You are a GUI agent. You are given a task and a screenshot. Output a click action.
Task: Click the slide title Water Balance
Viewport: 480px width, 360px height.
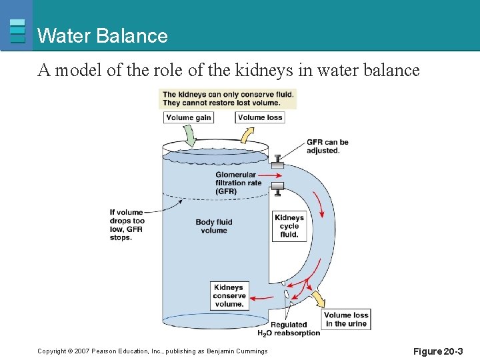[103, 35]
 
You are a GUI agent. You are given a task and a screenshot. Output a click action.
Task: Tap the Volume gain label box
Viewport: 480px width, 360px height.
[189, 118]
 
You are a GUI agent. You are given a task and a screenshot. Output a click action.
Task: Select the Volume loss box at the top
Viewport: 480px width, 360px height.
[260, 118]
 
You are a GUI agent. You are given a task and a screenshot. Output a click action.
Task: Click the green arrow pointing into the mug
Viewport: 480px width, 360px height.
[189, 137]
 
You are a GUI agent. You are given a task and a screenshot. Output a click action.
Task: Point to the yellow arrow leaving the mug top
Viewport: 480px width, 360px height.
[246, 135]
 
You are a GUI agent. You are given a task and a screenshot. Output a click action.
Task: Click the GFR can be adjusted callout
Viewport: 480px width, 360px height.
[327, 146]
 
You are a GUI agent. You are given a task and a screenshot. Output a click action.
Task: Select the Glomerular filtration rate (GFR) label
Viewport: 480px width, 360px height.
[238, 183]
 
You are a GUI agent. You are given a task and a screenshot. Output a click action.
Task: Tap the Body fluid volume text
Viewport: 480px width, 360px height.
[213, 227]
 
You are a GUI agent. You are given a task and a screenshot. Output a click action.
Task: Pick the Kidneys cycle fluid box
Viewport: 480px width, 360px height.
[289, 226]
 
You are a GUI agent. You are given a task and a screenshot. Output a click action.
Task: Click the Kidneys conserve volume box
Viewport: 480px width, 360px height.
[229, 296]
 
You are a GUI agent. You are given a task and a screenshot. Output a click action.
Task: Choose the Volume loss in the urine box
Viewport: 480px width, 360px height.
[346, 319]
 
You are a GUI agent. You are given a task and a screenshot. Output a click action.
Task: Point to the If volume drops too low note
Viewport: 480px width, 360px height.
[127, 225]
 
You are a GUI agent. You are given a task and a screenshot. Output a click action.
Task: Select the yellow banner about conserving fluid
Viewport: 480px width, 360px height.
[228, 99]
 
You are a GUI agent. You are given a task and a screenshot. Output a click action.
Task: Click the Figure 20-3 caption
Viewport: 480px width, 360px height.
[437, 351]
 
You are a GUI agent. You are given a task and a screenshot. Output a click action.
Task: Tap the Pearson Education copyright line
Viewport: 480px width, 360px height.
[153, 351]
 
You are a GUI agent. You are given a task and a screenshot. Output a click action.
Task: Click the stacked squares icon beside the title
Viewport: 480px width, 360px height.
[18, 31]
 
